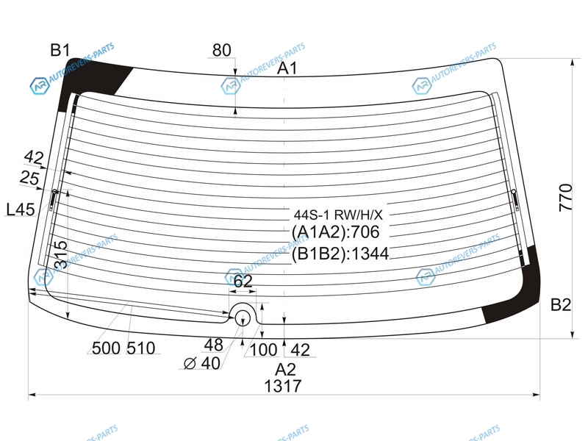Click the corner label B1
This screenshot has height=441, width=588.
[60, 50]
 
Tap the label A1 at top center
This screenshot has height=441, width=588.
[287, 68]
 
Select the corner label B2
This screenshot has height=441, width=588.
[561, 305]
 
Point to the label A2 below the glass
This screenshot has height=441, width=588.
[285, 370]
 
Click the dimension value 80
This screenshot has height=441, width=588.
[222, 50]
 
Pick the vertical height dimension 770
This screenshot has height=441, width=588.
[565, 198]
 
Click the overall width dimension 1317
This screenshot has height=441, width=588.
[283, 386]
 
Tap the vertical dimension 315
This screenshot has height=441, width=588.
[61, 254]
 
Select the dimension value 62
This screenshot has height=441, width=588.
[243, 281]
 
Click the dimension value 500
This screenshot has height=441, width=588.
[106, 348]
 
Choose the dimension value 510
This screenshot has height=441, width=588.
[140, 348]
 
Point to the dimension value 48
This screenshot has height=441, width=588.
[213, 345]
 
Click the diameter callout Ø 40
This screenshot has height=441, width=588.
[202, 363]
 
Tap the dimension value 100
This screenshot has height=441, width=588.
[263, 350]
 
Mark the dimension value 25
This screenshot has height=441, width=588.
[29, 177]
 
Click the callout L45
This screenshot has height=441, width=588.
[21, 209]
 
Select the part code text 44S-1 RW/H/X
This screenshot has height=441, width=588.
[338, 215]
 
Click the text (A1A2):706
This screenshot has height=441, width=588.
[336, 232]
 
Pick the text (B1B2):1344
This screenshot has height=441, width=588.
[340, 254]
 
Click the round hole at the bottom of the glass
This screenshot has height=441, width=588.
[243, 318]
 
